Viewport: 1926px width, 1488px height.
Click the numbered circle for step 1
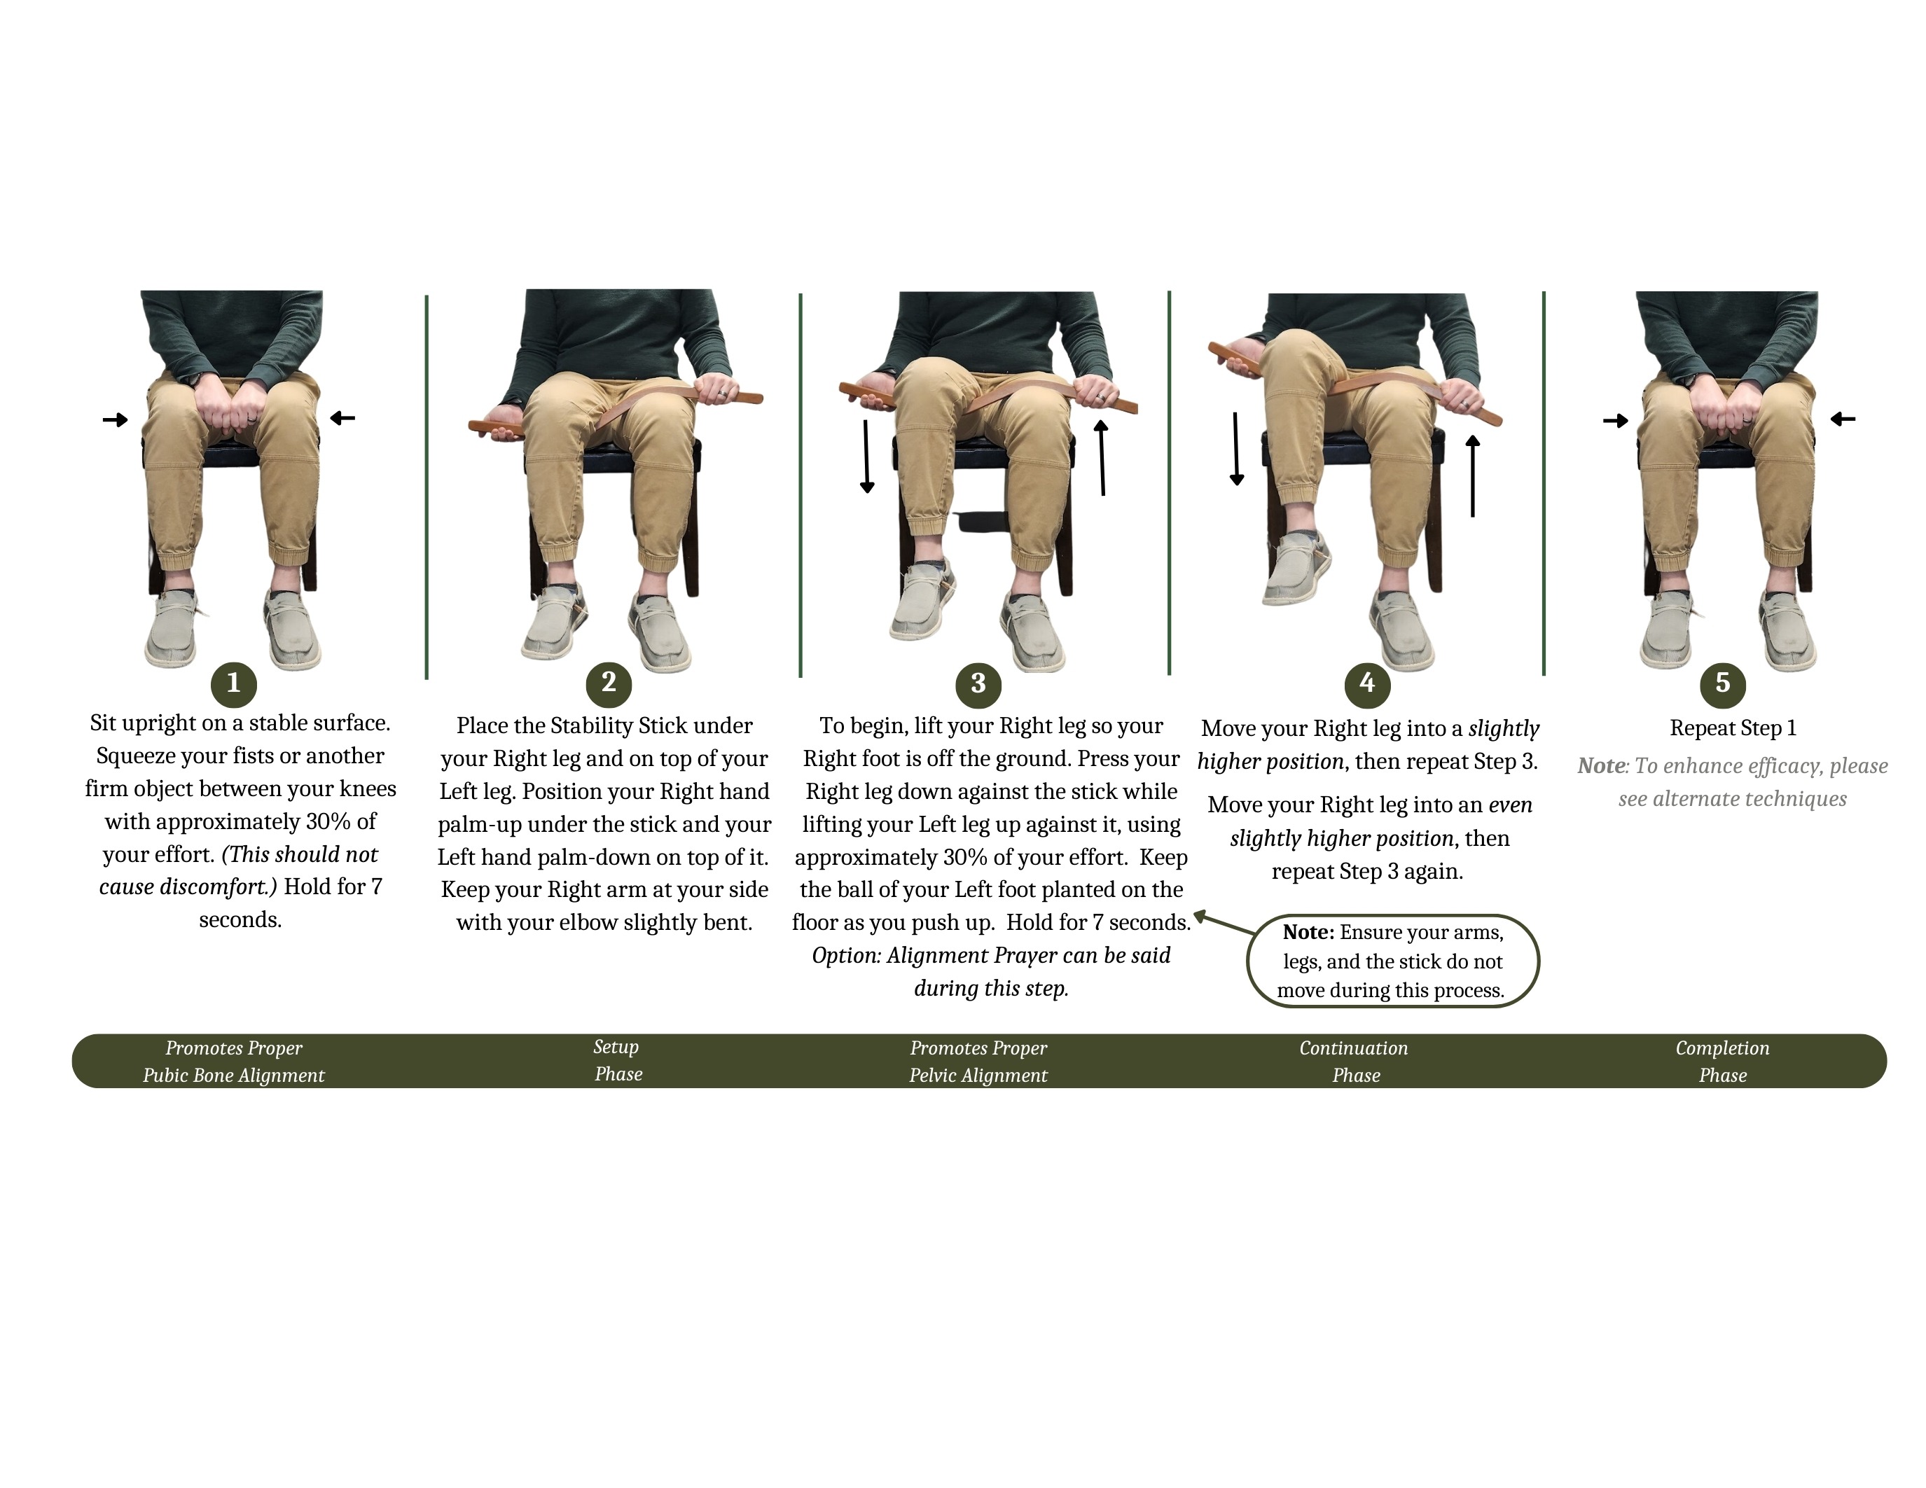click(x=234, y=683)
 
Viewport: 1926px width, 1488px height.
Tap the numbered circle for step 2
click(x=609, y=683)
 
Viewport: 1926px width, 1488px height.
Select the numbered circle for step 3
click(x=978, y=683)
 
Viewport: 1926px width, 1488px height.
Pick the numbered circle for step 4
click(x=1367, y=683)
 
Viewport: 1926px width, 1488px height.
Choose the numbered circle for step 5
click(x=1723, y=683)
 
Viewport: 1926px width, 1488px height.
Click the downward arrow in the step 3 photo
click(x=867, y=457)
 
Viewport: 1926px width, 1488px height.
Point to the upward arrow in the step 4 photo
click(x=1472, y=475)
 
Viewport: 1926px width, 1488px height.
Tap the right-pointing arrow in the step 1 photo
click(x=116, y=419)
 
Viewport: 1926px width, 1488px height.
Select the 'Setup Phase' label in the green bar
click(x=617, y=1060)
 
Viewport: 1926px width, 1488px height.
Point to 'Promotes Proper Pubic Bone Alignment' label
click(x=234, y=1062)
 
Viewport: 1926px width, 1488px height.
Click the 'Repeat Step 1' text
click(x=1733, y=728)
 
